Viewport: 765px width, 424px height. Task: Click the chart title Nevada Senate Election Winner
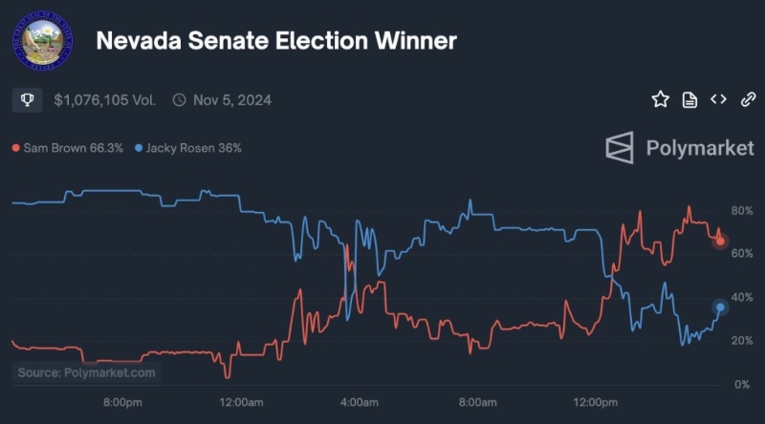tap(276, 40)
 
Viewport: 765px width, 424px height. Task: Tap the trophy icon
tap(27, 99)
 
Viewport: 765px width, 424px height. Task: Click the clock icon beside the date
tap(179, 99)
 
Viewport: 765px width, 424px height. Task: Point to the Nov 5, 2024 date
tap(233, 99)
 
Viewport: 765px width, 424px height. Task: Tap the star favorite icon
tap(660, 99)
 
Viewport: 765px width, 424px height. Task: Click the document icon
tap(689, 99)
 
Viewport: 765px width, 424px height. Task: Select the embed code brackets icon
tap(718, 99)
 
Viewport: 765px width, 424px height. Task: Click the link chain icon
tap(748, 99)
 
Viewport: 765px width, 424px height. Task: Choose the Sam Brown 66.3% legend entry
tap(67, 148)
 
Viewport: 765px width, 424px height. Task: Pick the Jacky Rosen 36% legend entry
tap(188, 148)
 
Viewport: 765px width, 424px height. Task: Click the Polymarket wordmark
tap(680, 148)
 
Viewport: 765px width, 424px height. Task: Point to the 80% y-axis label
tap(741, 210)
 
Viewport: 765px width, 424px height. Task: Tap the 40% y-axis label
tap(741, 298)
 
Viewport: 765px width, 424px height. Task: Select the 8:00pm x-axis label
tap(122, 403)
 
